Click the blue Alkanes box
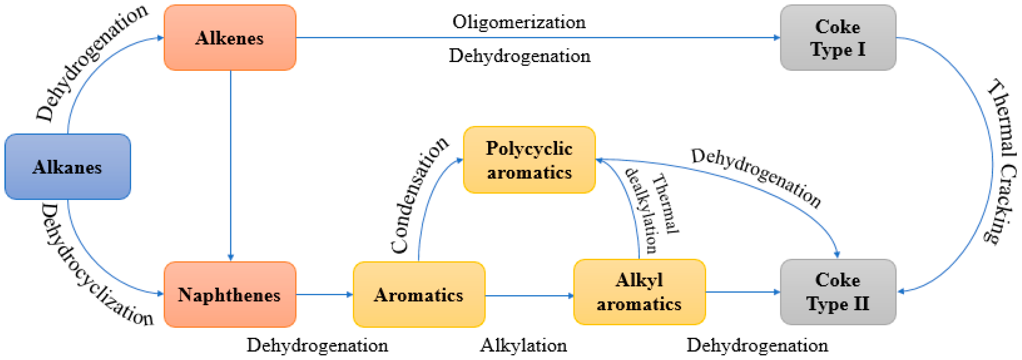pos(67,167)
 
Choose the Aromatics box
pos(419,295)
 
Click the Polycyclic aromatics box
pos(529,160)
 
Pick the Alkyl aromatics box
pos(639,292)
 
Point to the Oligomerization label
pos(519,22)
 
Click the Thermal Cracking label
pos(1002,161)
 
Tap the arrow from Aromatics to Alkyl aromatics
pos(529,296)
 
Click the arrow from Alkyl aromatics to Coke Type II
pos(742,292)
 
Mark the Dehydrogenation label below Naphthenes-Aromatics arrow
pos(317,345)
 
